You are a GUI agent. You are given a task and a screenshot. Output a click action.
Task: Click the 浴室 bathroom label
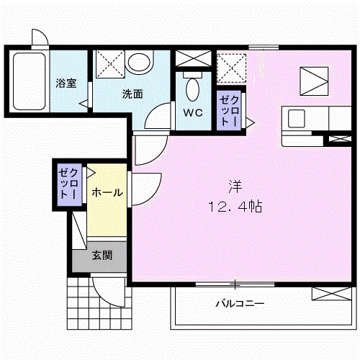click(x=66, y=83)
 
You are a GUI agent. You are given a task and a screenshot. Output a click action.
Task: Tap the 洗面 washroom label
click(x=132, y=94)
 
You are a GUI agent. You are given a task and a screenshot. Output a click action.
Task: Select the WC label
click(x=193, y=112)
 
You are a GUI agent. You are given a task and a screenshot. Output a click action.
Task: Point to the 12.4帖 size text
click(x=235, y=207)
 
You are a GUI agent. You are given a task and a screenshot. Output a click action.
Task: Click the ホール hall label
click(x=107, y=192)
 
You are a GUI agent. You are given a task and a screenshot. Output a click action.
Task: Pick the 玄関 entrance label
click(x=102, y=256)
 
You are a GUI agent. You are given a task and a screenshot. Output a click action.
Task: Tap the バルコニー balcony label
click(x=240, y=304)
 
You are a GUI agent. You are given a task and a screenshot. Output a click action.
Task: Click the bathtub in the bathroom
click(x=30, y=81)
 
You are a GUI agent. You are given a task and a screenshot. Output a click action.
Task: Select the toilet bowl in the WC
click(x=193, y=90)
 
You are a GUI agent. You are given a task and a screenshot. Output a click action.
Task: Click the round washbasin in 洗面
click(x=139, y=62)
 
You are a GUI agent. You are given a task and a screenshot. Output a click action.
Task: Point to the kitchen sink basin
click(x=297, y=118)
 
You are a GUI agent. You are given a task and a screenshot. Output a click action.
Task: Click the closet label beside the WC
click(x=230, y=112)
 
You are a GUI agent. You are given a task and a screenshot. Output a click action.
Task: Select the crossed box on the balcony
click(x=331, y=294)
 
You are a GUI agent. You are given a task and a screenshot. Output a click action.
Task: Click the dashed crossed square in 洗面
click(x=110, y=64)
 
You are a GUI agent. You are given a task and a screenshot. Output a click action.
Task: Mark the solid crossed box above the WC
click(x=193, y=58)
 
